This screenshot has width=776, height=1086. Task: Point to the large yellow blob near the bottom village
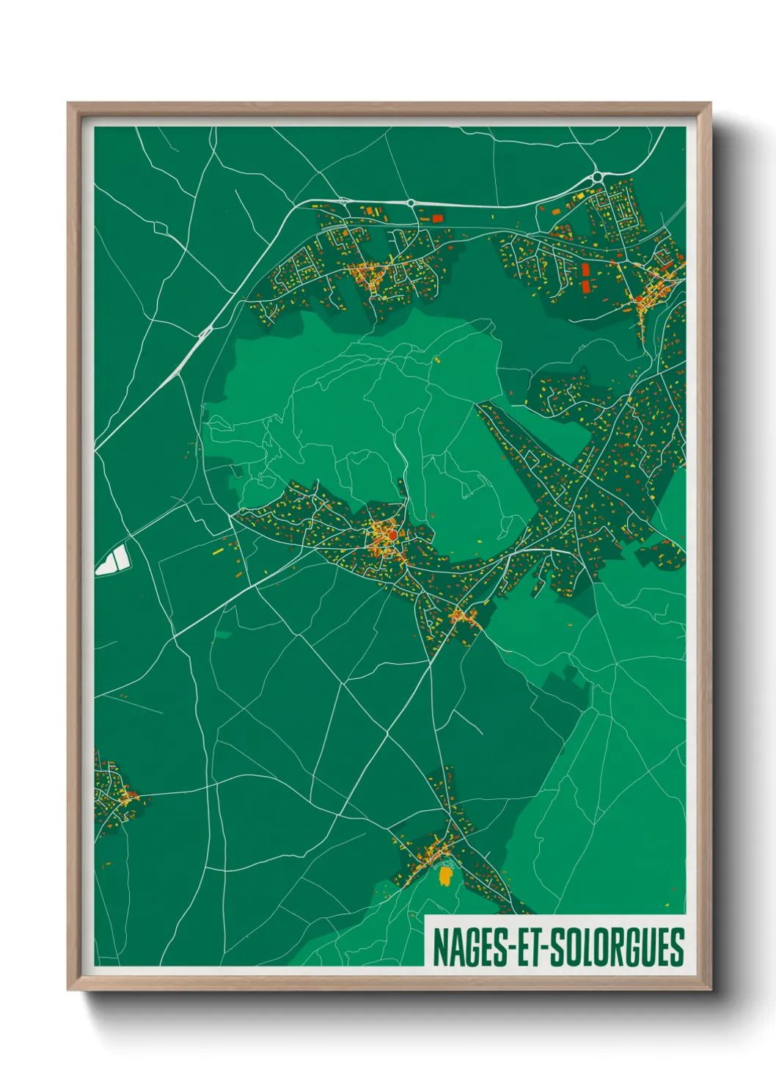444,875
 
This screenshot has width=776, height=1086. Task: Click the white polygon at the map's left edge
113,560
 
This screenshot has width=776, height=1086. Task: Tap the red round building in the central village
392,536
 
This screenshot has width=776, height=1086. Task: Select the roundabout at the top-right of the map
597,177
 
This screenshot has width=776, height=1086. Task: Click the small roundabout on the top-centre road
411,203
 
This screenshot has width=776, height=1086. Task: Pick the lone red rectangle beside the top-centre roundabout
438,217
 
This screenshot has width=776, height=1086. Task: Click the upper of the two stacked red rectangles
585,269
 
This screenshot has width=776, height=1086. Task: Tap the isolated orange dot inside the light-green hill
436,360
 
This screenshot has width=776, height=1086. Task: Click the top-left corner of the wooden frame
69,104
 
